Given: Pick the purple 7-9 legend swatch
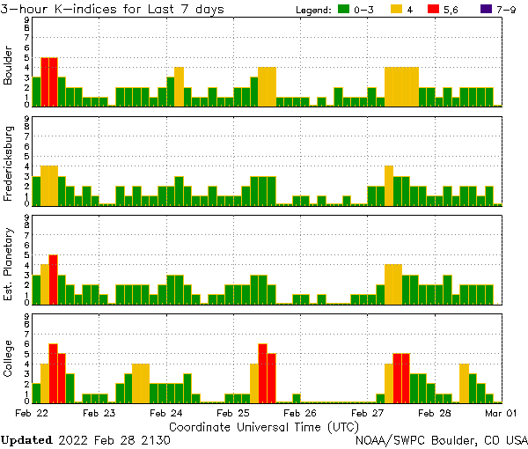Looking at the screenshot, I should pyautogui.click(x=488, y=10).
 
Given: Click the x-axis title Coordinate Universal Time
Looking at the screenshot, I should pyautogui.click(x=264, y=426).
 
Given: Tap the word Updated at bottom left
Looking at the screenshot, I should pyautogui.click(x=26, y=439).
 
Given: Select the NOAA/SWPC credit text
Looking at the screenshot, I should pyautogui.click(x=441, y=439).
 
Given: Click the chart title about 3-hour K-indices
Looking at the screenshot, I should pyautogui.click(x=112, y=9).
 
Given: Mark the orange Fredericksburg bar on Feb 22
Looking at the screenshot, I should pyautogui.click(x=49, y=185).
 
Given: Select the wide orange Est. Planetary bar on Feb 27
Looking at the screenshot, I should pyautogui.click(x=393, y=283).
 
